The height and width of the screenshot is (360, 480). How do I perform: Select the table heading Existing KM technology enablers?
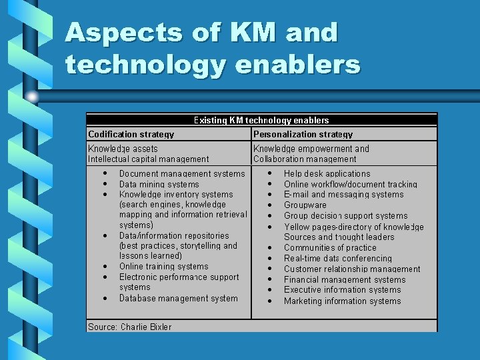(x=261, y=121)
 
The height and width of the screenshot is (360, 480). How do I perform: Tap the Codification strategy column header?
(x=131, y=134)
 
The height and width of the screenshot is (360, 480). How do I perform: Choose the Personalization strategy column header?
(x=303, y=134)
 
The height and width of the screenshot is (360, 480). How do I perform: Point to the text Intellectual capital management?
(x=148, y=159)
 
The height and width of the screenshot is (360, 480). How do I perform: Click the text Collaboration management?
(x=305, y=159)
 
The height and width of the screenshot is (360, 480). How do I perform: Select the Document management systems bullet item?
(x=181, y=174)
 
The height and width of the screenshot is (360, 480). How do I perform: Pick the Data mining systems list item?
(x=159, y=185)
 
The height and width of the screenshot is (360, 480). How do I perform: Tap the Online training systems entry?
(x=163, y=267)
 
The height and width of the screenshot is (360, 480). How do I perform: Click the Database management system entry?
(x=178, y=299)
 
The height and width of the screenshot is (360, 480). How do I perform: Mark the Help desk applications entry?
(x=327, y=174)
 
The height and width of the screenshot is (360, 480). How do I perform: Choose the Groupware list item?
(x=305, y=205)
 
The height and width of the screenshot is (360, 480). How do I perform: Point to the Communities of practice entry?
(x=330, y=248)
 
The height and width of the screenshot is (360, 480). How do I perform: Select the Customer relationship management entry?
(x=352, y=269)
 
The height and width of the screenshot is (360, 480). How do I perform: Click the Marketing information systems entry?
(x=342, y=301)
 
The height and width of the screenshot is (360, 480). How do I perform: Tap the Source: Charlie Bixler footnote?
(x=129, y=327)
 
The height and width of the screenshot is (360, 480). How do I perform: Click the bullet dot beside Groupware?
(x=270, y=205)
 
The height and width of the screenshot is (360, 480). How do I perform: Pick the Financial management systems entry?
(x=345, y=280)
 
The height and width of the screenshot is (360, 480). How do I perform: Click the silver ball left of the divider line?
(x=32, y=97)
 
